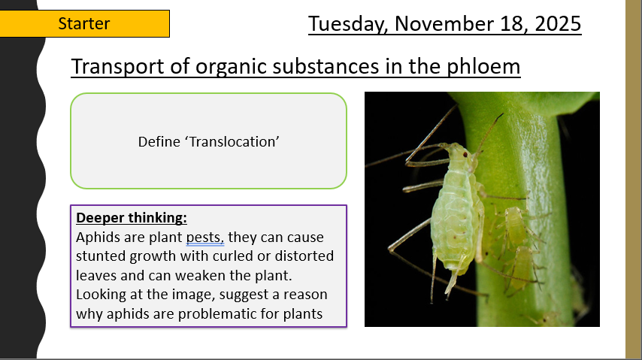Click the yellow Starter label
point(84,24)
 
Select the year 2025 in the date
point(558,23)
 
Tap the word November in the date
point(444,23)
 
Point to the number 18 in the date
point(512,23)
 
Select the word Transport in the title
point(117,67)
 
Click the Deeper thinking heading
point(132,217)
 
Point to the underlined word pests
point(204,237)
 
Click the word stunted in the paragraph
point(101,256)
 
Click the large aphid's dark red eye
point(465,154)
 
